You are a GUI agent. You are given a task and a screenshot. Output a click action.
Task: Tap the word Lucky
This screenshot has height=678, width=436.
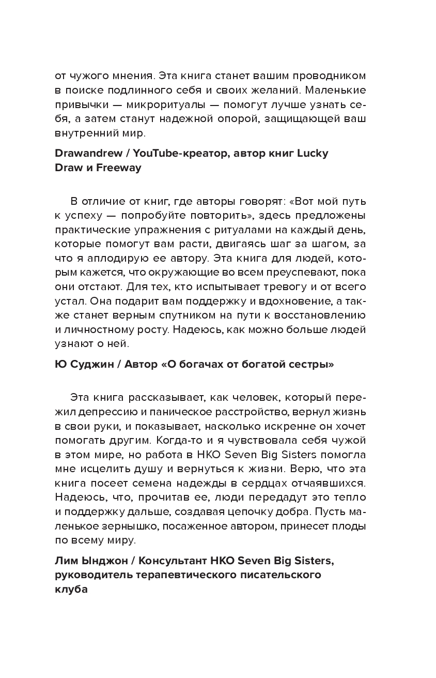(x=313, y=154)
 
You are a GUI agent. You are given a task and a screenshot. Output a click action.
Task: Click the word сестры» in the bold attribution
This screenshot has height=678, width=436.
(x=310, y=365)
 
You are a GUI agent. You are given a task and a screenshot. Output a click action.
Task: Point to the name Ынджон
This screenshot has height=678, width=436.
(x=103, y=561)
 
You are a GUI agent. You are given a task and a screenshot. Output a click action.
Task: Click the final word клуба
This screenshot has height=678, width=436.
(x=71, y=590)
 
